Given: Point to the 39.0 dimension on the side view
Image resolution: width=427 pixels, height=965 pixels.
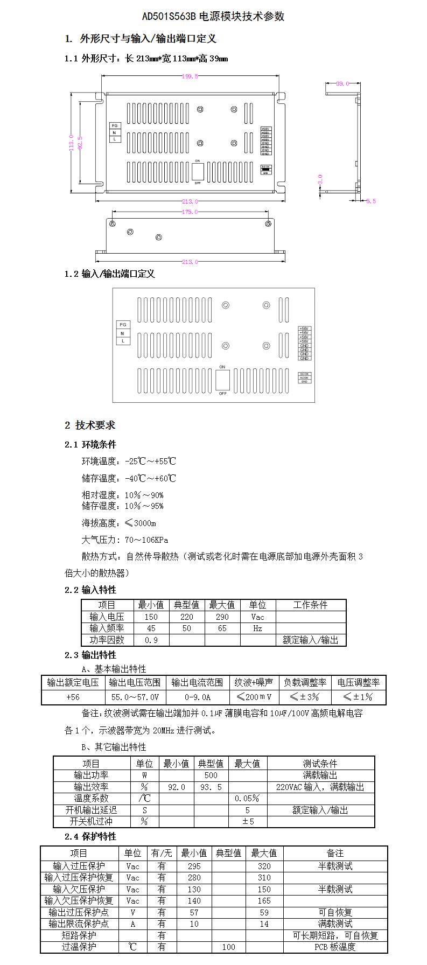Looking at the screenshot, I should pyautogui.click(x=342, y=83).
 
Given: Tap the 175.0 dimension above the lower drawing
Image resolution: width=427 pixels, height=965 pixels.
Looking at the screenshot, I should pyautogui.click(x=190, y=212).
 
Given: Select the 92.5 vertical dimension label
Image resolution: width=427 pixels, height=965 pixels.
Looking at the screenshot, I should pyautogui.click(x=80, y=142).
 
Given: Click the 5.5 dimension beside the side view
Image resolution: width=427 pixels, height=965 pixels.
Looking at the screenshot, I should pyautogui.click(x=370, y=201).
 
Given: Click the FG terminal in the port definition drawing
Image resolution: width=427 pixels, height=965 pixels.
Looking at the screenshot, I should pyautogui.click(x=123, y=325).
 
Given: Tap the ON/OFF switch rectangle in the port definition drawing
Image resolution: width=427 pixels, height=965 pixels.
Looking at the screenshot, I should pyautogui.click(x=222, y=380).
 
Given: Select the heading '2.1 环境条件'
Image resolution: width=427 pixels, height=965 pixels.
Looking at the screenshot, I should pyautogui.click(x=90, y=444).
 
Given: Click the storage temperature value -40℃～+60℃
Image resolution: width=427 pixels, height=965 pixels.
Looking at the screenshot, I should pyautogui.click(x=150, y=478).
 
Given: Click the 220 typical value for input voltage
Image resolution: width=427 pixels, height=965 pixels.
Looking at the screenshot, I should pyautogui.click(x=186, y=617).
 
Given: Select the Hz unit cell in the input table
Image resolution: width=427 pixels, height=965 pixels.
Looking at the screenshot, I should pyautogui.click(x=257, y=628).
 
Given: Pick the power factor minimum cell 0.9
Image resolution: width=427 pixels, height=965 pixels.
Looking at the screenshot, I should pyautogui.click(x=151, y=640).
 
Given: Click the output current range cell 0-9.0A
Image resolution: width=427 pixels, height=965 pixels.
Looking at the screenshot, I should pyautogui.click(x=197, y=697).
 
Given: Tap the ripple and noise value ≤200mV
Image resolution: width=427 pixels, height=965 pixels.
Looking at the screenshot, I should pyautogui.click(x=254, y=697).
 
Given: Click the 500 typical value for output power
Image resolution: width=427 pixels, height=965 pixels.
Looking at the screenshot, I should pyautogui.click(x=211, y=775).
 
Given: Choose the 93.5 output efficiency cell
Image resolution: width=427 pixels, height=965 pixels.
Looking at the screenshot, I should pyautogui.click(x=211, y=787).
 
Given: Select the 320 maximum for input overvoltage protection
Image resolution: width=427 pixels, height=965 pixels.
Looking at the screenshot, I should pyautogui.click(x=264, y=866).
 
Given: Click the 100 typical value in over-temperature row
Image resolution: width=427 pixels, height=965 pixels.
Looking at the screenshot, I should pyautogui.click(x=228, y=946).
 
